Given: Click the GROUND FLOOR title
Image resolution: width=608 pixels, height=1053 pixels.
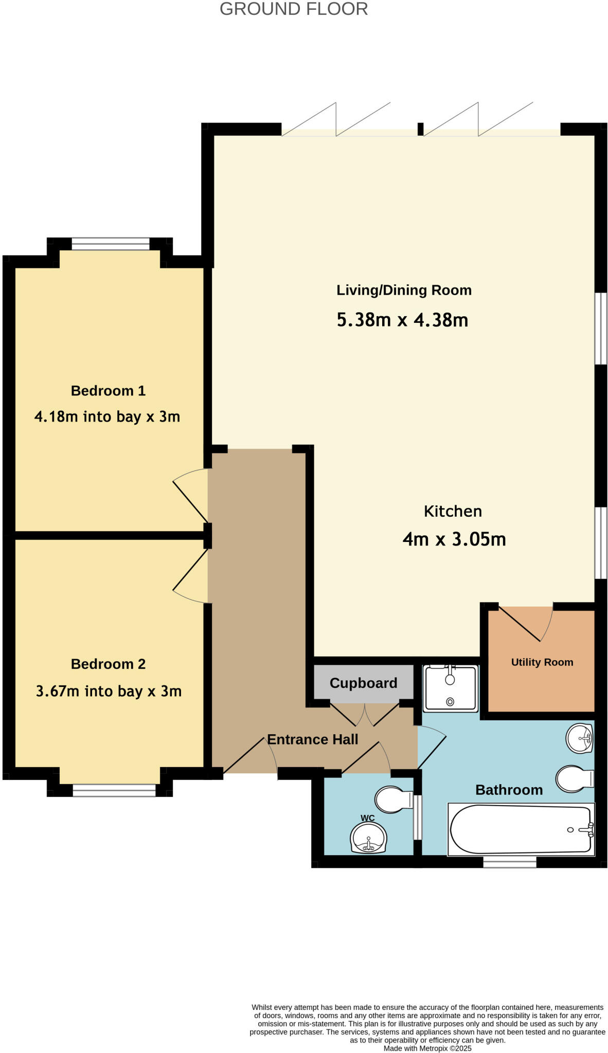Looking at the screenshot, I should click(x=294, y=9).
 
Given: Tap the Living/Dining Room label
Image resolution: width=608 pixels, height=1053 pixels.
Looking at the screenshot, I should click(x=404, y=290).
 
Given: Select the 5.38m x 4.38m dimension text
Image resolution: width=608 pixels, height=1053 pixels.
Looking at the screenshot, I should click(x=402, y=320).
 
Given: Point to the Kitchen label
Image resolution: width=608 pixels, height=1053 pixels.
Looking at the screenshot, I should click(x=453, y=511).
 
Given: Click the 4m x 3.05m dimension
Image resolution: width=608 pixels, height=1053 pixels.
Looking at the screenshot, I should click(x=454, y=539).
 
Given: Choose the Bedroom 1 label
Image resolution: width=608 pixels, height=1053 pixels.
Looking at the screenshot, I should click(x=108, y=391).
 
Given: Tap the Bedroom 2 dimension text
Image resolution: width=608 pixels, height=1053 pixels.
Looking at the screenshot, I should click(x=109, y=691).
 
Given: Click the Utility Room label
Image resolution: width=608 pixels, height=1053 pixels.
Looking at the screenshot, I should click(x=542, y=662).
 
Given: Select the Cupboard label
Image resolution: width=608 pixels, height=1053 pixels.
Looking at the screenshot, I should click(x=363, y=683).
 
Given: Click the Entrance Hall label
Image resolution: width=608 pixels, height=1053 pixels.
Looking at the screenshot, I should click(x=312, y=739).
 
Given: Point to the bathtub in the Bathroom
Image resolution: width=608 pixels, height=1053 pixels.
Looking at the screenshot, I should click(x=521, y=829).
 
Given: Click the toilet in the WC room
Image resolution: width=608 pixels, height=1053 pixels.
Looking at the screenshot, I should click(x=394, y=800).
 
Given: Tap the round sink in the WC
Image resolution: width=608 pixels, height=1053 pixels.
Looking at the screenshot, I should click(x=368, y=838).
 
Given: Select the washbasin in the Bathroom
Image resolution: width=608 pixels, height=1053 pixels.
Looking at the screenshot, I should click(x=580, y=738).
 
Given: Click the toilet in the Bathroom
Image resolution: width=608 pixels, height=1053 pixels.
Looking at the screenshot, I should click(x=575, y=778).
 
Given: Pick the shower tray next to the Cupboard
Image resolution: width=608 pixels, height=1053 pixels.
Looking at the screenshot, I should click(x=450, y=688).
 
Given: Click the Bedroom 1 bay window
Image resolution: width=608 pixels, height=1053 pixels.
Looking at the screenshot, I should click(x=111, y=244).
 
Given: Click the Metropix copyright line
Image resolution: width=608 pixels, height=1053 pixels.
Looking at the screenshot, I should click(x=427, y=1048).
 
